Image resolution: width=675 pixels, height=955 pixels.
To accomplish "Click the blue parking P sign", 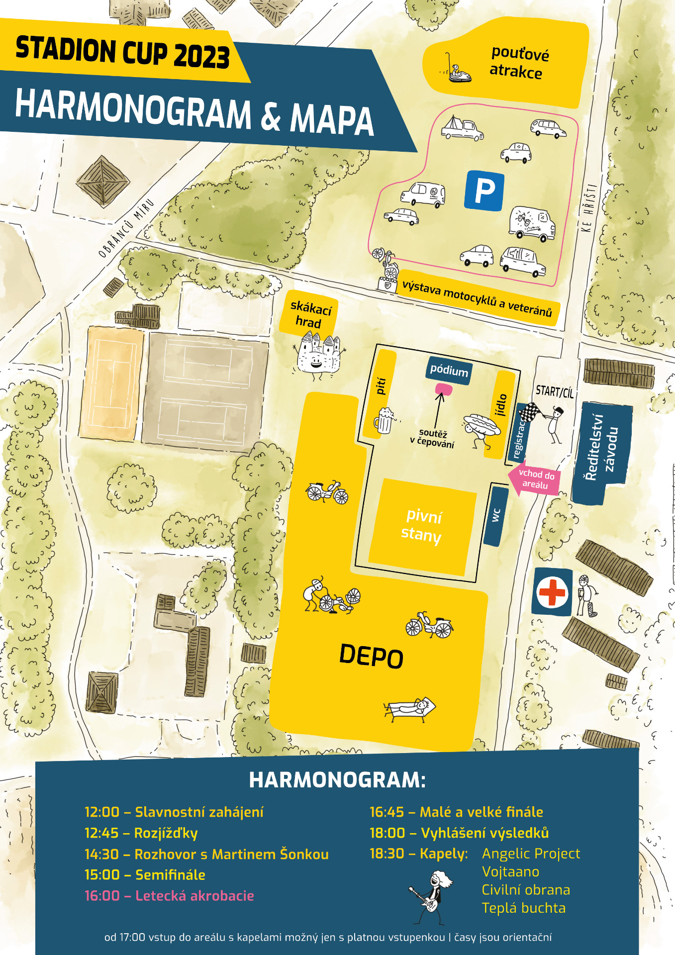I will [x=484, y=190].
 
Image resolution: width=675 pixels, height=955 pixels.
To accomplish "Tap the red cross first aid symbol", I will [x=552, y=592].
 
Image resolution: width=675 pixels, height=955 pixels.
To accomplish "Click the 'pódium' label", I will [x=449, y=370].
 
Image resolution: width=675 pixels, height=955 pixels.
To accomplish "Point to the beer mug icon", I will [x=385, y=420].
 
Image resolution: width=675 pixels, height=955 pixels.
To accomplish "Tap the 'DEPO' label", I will [x=371, y=656].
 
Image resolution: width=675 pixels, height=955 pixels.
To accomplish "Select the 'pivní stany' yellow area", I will [x=422, y=525].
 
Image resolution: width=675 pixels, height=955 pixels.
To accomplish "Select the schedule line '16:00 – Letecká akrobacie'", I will [x=169, y=896].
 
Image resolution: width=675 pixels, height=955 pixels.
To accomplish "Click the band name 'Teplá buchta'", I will [x=523, y=908].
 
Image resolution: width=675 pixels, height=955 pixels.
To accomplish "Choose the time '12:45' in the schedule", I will [x=101, y=833].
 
